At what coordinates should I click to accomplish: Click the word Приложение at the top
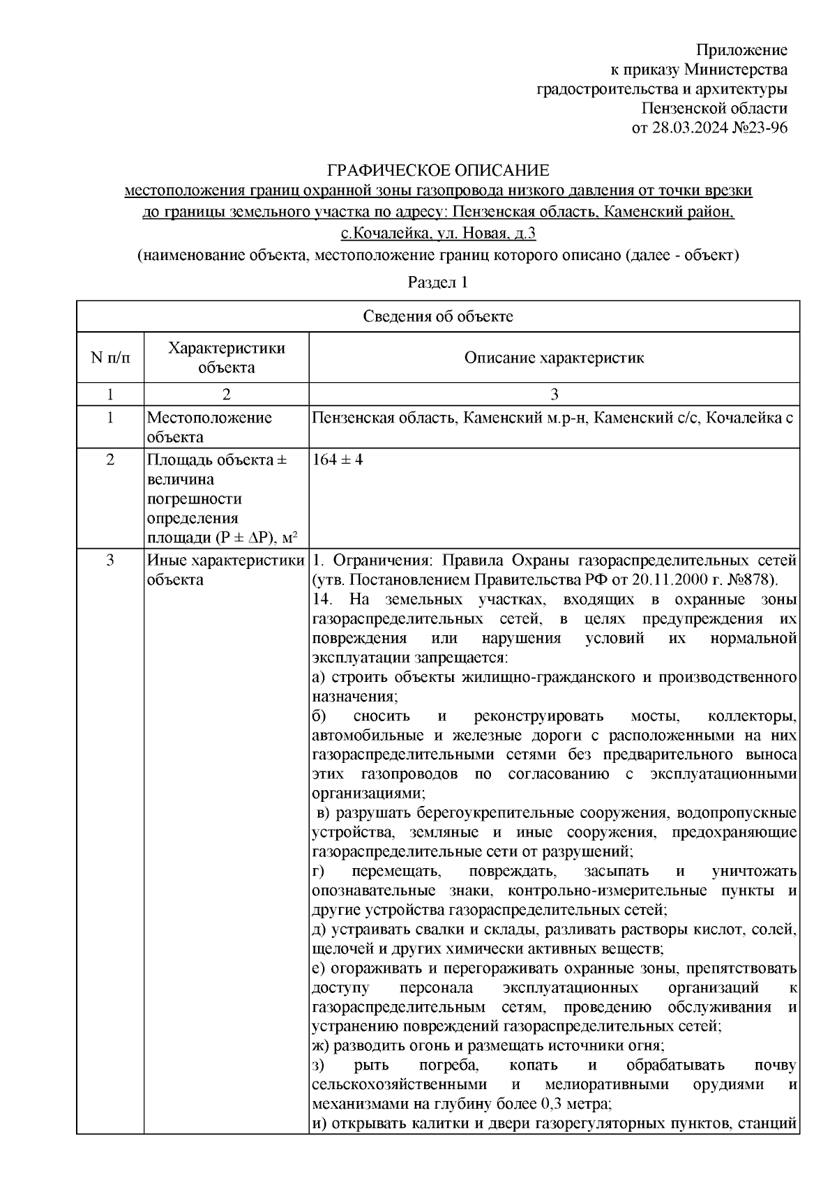click(742, 50)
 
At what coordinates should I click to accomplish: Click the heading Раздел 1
click(437, 282)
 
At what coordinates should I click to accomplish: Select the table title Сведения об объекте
click(437, 317)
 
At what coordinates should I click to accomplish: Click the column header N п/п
click(110, 358)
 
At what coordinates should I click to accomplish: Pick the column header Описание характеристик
click(554, 358)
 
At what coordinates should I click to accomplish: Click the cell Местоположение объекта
click(209, 427)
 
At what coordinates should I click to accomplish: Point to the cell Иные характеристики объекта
click(225, 570)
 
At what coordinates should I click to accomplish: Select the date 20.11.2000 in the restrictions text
click(668, 580)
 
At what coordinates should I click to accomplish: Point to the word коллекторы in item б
click(751, 716)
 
